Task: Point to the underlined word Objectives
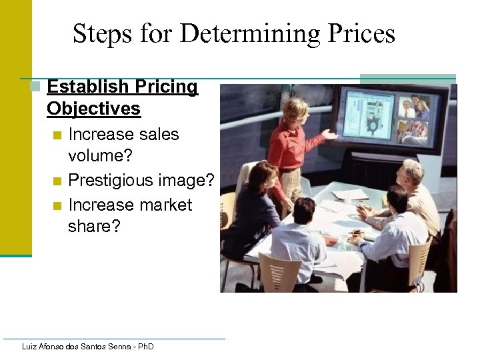[x=94, y=109]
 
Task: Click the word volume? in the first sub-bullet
[x=100, y=156]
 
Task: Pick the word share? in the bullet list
[x=94, y=226]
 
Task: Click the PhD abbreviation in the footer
[x=145, y=347]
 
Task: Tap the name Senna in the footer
[x=120, y=347]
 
